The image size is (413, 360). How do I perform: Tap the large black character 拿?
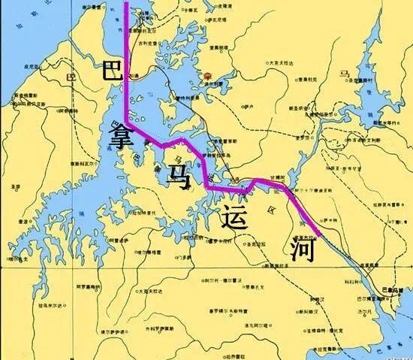pos(122,138)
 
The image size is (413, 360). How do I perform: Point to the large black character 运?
pos(234,216)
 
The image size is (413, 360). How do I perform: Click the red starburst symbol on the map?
pos(207,77)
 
